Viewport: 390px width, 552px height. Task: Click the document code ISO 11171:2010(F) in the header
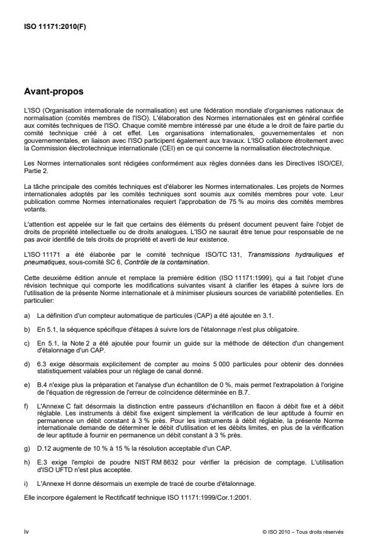pos(48,26)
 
